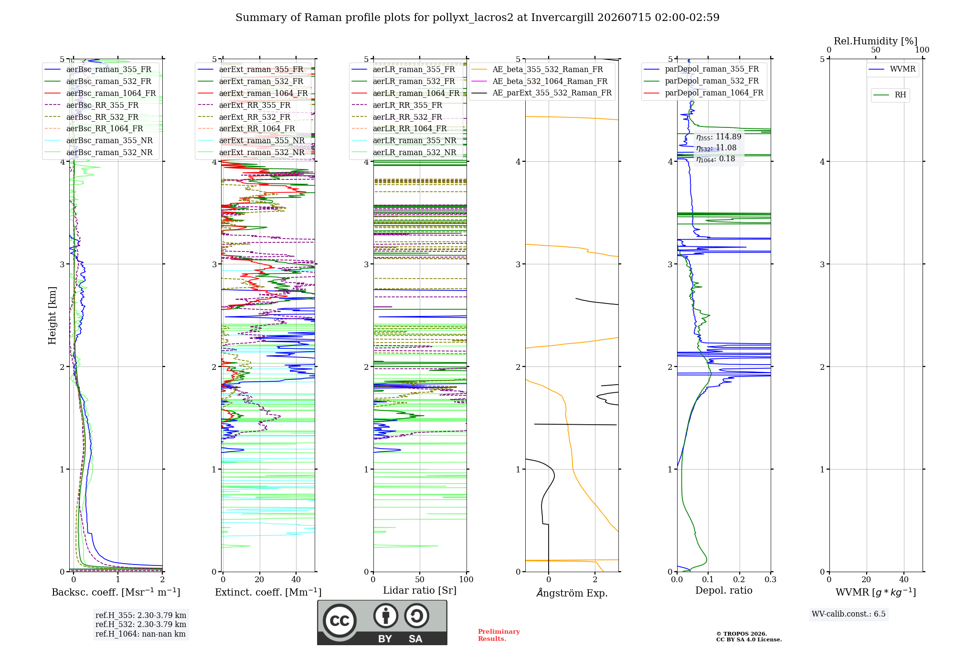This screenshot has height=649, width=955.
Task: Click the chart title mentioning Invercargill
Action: click(x=477, y=18)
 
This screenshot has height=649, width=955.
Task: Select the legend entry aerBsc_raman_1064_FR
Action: click(x=111, y=93)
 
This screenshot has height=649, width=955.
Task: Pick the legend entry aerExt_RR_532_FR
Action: click(x=255, y=117)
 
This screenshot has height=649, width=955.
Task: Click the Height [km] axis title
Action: click(x=52, y=315)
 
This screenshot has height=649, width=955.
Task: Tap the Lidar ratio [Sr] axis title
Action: click(x=420, y=591)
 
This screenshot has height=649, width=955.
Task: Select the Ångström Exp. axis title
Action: click(x=572, y=593)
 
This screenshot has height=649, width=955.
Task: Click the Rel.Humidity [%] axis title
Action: click(x=876, y=41)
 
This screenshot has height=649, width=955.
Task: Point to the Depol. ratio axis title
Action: click(x=724, y=590)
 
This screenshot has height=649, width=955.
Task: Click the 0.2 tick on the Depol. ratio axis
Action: click(x=739, y=579)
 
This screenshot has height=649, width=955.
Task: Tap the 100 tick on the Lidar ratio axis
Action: click(x=466, y=579)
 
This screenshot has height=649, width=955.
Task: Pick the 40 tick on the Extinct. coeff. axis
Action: click(x=296, y=579)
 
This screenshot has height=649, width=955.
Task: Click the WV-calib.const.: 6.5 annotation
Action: click(x=849, y=614)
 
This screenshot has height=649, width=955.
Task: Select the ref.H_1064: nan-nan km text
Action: click(x=140, y=634)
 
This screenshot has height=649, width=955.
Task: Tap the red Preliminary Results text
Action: click(x=499, y=635)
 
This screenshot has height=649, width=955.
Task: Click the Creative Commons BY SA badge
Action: click(x=382, y=622)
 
